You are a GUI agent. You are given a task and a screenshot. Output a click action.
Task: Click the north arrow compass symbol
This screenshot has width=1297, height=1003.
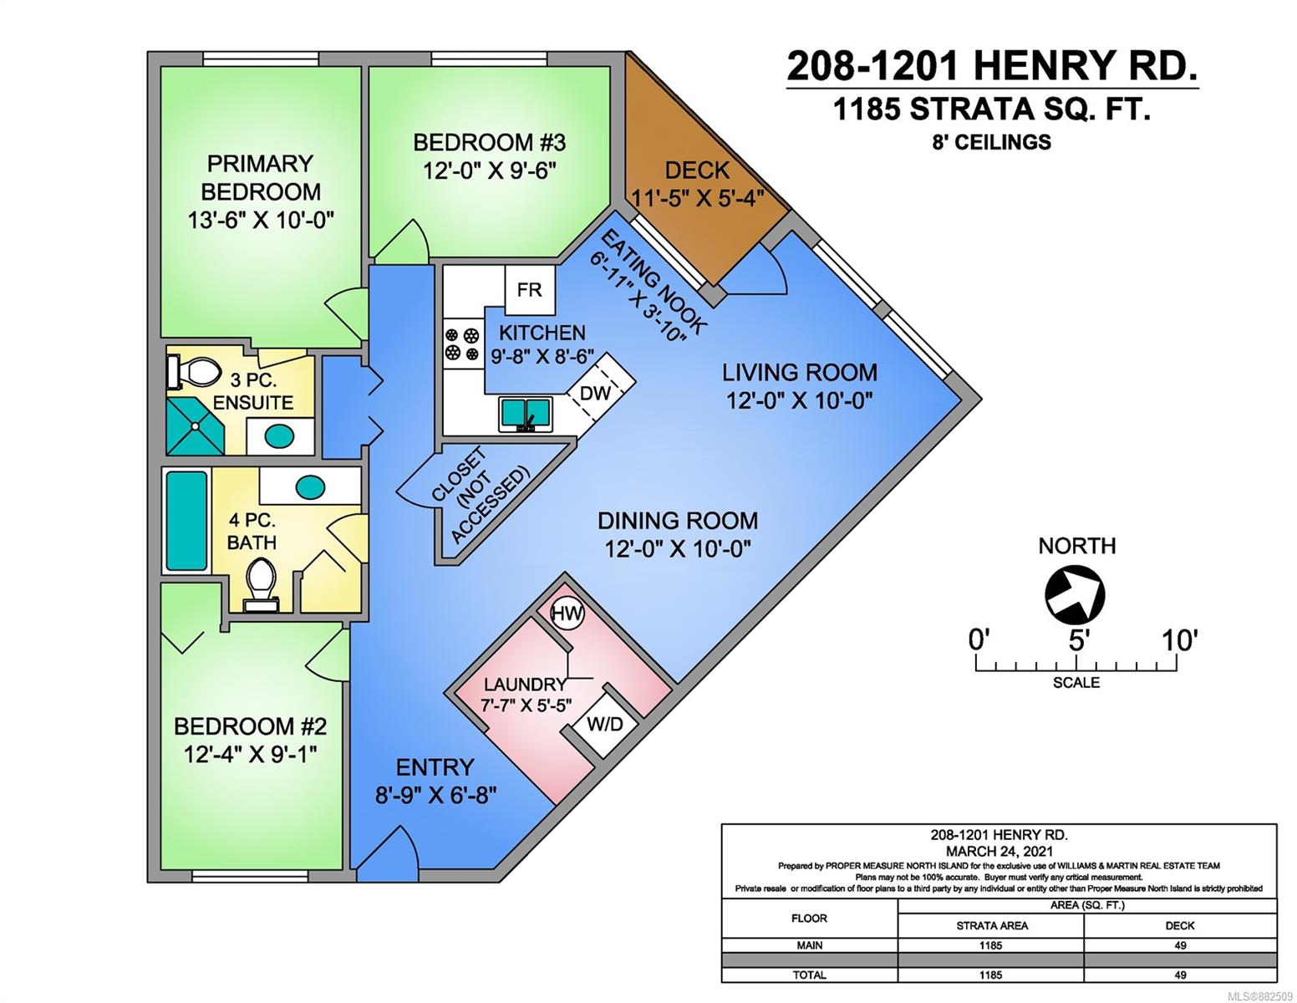tap(1075, 594)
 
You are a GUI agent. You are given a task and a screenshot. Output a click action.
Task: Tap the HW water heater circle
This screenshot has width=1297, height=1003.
tap(567, 614)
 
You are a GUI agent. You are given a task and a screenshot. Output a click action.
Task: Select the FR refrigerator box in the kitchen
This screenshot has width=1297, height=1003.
tap(530, 290)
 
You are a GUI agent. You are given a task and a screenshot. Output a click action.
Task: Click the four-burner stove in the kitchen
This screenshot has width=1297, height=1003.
tap(463, 344)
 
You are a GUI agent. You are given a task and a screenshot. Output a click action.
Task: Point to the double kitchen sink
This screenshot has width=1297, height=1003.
tap(526, 414)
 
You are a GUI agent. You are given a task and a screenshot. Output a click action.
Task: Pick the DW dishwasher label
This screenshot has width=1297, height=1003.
tap(595, 393)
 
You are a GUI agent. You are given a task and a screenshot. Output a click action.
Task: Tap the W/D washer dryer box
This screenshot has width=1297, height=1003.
tap(605, 724)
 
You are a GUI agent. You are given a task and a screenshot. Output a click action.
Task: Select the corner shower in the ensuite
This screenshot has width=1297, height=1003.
tap(196, 426)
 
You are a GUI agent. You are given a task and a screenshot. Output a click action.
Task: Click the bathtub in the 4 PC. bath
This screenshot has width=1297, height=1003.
tap(187, 520)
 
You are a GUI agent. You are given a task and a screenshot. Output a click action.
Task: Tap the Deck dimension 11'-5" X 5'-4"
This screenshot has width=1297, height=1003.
tap(697, 197)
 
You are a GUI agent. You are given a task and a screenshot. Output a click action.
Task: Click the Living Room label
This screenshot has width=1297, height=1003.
tap(800, 372)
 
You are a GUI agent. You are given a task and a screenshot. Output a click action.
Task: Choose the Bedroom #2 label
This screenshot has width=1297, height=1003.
tap(251, 726)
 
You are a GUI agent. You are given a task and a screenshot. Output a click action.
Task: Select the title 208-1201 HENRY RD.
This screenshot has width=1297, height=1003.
tap(992, 66)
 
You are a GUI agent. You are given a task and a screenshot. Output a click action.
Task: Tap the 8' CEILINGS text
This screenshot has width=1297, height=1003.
tap(991, 142)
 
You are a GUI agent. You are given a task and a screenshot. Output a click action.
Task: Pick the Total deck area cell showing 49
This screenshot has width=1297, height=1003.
tap(1180, 975)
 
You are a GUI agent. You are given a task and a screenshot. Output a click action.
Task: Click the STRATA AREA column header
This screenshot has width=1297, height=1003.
tap(992, 925)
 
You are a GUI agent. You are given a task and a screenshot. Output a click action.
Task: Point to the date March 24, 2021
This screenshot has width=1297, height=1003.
tap(999, 852)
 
